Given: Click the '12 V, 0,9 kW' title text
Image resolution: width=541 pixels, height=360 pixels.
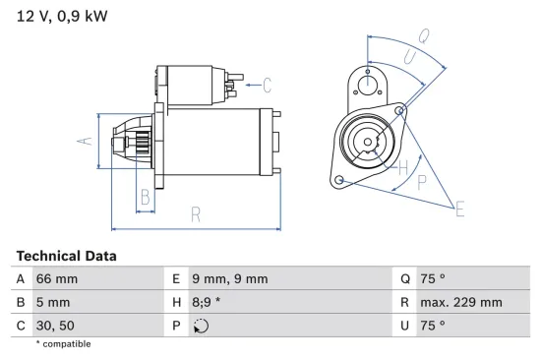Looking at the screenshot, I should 62,17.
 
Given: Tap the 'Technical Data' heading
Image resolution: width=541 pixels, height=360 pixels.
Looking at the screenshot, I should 66,256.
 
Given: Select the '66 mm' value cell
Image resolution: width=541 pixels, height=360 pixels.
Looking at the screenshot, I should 58,279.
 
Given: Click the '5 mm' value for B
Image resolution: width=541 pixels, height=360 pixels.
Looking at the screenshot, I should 54,302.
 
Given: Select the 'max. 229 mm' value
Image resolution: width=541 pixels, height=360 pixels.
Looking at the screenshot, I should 463,302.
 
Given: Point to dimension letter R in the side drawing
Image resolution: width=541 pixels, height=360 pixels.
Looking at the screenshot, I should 195,213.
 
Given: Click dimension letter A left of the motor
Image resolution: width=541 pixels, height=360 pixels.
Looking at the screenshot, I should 86,141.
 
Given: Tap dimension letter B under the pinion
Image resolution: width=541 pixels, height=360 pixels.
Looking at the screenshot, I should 145,195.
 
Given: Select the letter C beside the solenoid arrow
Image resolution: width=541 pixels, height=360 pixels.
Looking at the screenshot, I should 267,85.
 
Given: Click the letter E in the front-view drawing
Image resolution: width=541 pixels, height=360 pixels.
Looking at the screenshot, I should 458,207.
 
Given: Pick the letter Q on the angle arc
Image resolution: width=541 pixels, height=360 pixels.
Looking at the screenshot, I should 424,36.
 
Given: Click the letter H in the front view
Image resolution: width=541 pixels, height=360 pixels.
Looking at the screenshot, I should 402,166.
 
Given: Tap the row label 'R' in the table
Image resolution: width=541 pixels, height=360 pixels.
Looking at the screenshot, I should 403,302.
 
